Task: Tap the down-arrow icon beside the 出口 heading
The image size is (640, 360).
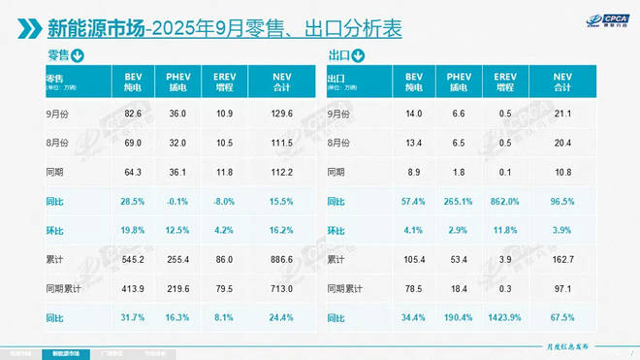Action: coord(356,55)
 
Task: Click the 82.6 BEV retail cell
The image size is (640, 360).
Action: coord(133,115)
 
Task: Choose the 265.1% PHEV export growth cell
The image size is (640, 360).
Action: coord(459,202)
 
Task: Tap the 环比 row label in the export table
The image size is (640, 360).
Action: coord(336,231)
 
